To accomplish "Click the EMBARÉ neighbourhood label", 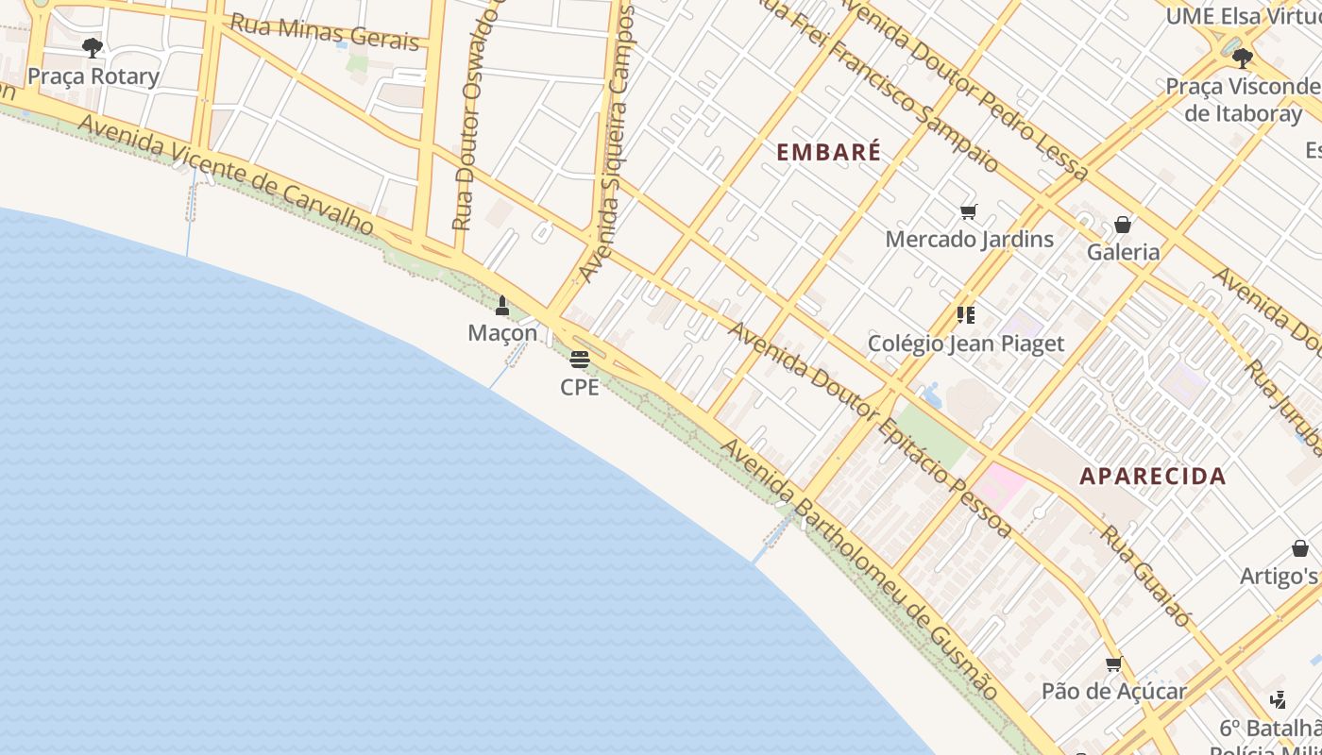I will [828, 152].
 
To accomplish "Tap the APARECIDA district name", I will [1152, 477].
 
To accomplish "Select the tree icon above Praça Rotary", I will [92, 47].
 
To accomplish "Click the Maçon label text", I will [502, 333].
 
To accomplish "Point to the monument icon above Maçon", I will [502, 306].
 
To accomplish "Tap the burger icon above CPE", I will [580, 360].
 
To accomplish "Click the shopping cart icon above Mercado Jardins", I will [968, 211].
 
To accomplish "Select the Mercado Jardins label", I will [969, 239].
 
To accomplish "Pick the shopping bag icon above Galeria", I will [1122, 225].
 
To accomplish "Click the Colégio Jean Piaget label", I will [965, 344].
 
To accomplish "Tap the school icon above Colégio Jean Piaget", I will [965, 314].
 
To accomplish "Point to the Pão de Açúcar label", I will [1113, 691].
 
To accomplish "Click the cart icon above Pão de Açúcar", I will [1113, 663].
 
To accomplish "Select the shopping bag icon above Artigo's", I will [1299, 548].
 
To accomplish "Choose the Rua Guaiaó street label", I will [1144, 576].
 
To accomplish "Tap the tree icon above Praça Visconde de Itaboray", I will [1242, 59].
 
